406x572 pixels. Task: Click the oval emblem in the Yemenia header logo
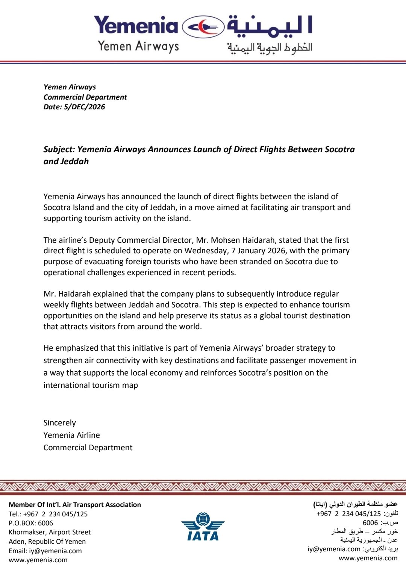point(203,27)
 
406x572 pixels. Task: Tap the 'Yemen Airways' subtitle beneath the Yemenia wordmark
point(138,46)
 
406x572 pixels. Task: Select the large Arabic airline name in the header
point(270,27)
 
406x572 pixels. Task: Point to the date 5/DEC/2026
point(84,107)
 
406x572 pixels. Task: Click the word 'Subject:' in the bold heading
point(59,149)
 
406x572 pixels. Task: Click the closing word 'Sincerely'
point(59,423)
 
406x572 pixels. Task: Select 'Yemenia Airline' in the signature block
point(71,435)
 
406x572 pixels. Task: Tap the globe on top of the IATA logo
point(203,519)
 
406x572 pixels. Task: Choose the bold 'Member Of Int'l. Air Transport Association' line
point(75,505)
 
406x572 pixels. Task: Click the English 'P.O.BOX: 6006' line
point(31,523)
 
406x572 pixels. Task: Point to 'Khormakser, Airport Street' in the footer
point(50,532)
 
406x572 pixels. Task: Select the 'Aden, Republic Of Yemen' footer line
point(47,542)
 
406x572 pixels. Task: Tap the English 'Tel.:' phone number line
point(48,514)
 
